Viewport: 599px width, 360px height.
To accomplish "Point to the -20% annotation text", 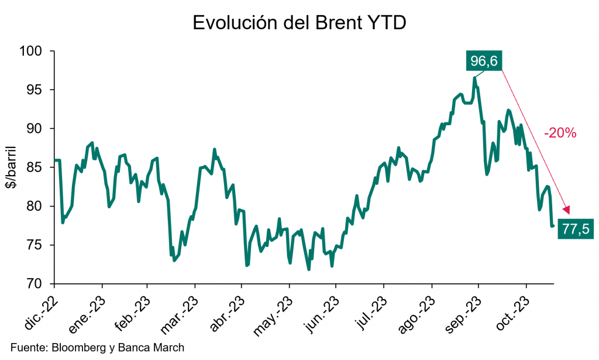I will click(560, 133).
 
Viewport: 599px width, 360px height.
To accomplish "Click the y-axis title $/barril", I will click(12, 168).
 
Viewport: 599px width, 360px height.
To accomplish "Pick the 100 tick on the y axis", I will click(33, 52).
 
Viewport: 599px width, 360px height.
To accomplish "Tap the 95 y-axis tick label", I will click(36, 90).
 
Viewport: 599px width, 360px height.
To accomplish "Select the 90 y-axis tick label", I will click(36, 129).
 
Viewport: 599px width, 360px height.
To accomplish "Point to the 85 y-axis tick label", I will click(36, 167).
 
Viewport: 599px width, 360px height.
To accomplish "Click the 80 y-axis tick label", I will click(36, 207).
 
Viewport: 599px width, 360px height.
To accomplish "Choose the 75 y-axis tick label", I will click(36, 245).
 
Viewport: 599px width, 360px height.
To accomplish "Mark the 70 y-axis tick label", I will click(36, 284).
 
